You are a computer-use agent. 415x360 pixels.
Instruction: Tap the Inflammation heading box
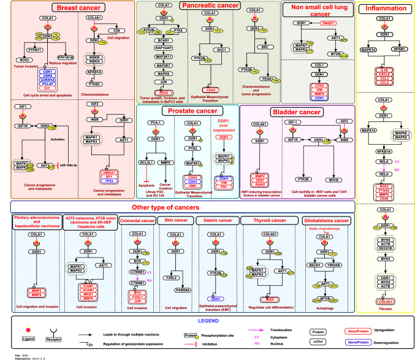coord(384,9)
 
